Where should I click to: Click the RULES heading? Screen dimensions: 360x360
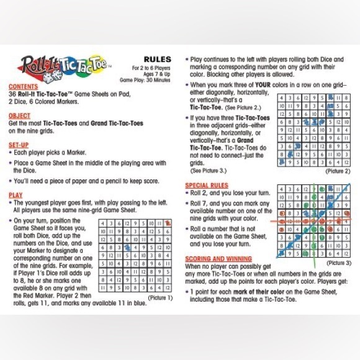(x=157, y=59)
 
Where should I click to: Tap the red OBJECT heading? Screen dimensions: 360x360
(x=20, y=115)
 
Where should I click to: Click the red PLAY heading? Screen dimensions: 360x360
(x=16, y=195)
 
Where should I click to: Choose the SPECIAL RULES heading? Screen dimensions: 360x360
(x=207, y=185)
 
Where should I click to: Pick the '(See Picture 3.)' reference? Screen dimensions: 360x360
(x=209, y=170)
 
